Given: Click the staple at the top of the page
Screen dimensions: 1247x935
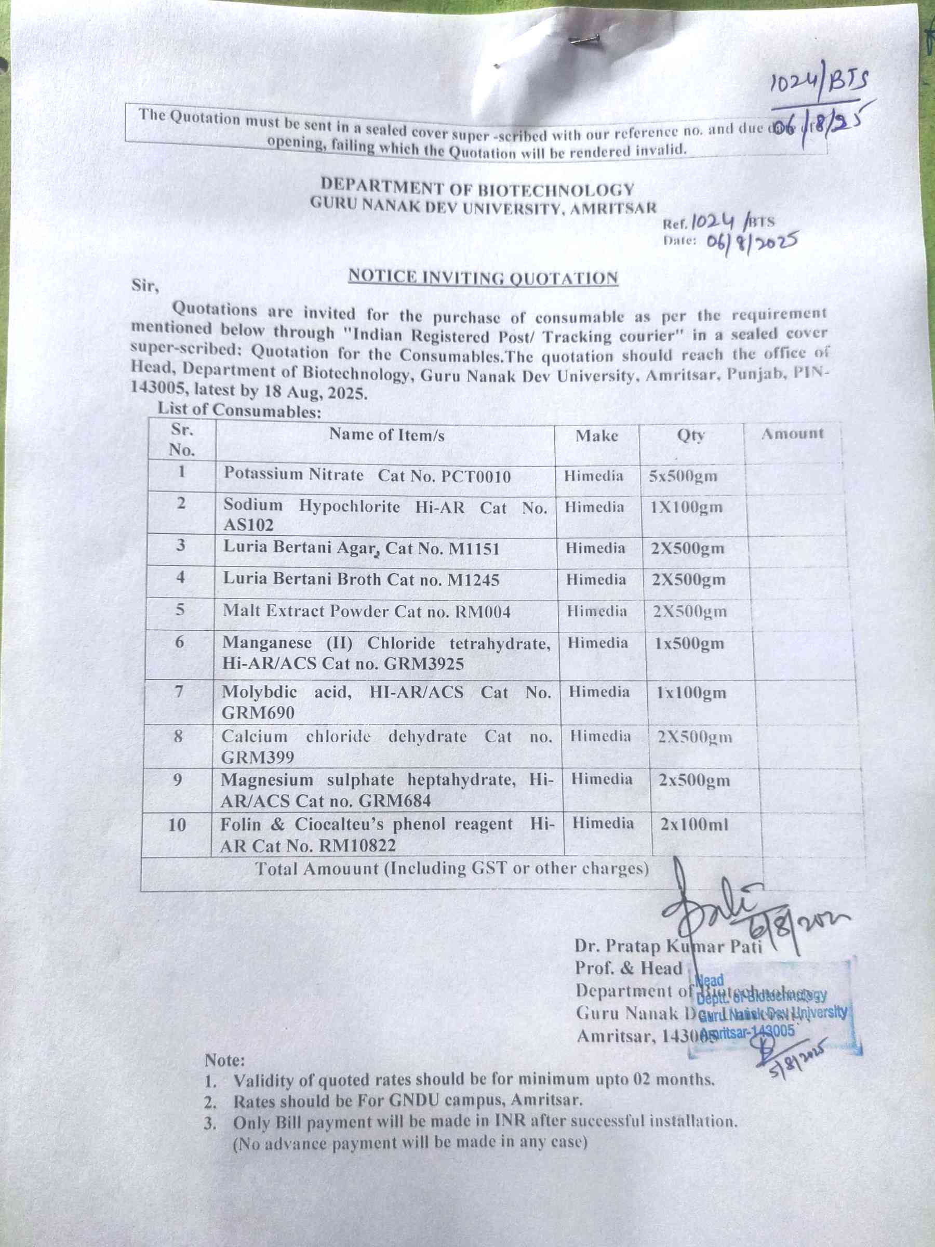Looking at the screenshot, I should (x=584, y=39).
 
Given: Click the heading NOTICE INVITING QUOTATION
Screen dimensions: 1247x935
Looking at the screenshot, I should (x=483, y=277).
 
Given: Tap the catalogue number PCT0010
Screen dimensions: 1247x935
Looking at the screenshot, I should (x=476, y=476).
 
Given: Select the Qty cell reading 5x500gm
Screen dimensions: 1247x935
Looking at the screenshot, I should (x=683, y=476).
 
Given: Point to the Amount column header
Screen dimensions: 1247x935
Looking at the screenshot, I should (x=792, y=433).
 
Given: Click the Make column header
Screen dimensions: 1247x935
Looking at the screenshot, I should (x=596, y=436).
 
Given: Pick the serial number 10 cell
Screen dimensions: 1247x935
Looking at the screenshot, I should (x=177, y=825).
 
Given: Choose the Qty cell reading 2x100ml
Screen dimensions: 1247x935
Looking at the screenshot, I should (x=694, y=824).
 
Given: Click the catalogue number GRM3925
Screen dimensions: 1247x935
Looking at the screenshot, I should (x=424, y=664).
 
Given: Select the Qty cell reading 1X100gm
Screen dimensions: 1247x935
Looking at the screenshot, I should (x=686, y=507).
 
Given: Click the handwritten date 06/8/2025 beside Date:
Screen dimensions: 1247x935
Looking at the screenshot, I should (x=751, y=243).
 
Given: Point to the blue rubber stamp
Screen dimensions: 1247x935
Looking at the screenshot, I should (x=775, y=1009).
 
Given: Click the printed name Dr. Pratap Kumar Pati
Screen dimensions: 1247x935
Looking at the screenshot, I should (x=668, y=946).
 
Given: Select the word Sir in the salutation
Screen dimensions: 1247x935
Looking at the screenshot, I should (x=144, y=285).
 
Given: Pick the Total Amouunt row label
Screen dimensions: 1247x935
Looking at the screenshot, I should (x=451, y=869).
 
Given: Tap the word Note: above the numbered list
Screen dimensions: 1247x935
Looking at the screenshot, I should (x=224, y=1060).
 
